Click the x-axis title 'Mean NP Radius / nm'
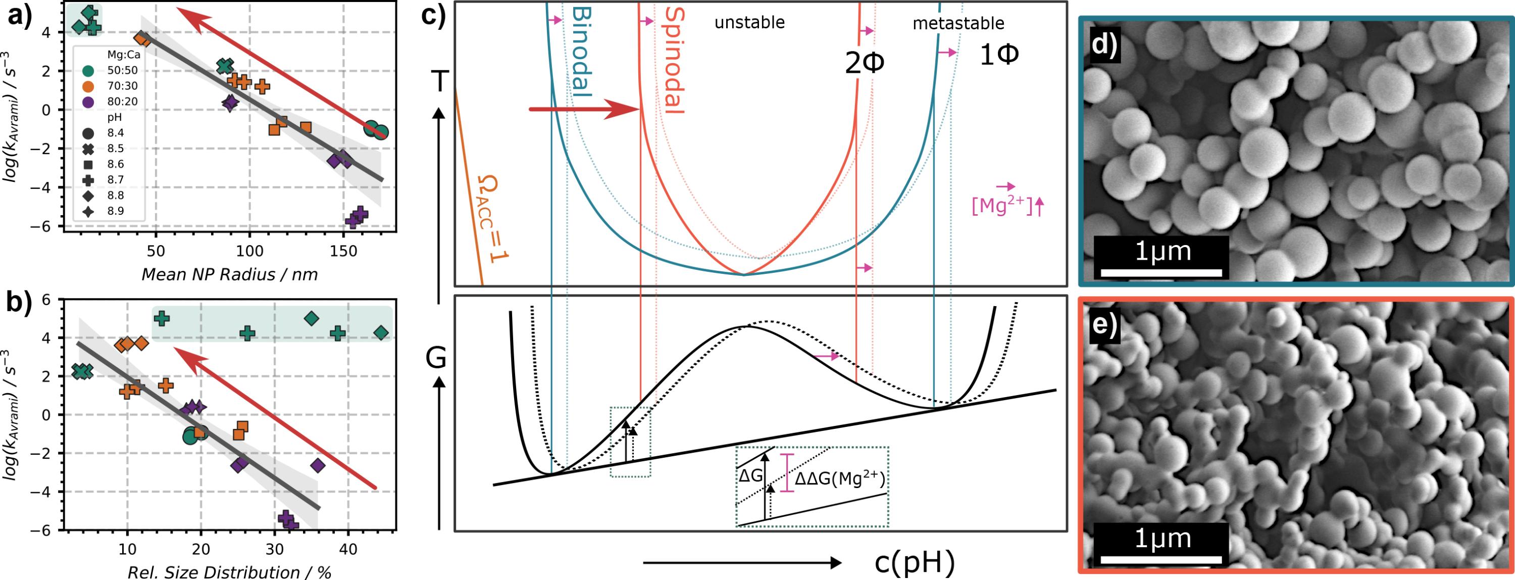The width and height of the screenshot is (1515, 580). pyautogui.click(x=229, y=275)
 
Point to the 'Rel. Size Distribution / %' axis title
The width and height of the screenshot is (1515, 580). pyautogui.click(x=229, y=572)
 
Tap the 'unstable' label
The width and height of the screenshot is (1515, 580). pyautogui.click(x=749, y=23)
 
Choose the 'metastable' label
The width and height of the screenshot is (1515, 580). pyautogui.click(x=958, y=24)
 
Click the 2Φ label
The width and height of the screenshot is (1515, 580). pyautogui.click(x=864, y=64)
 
